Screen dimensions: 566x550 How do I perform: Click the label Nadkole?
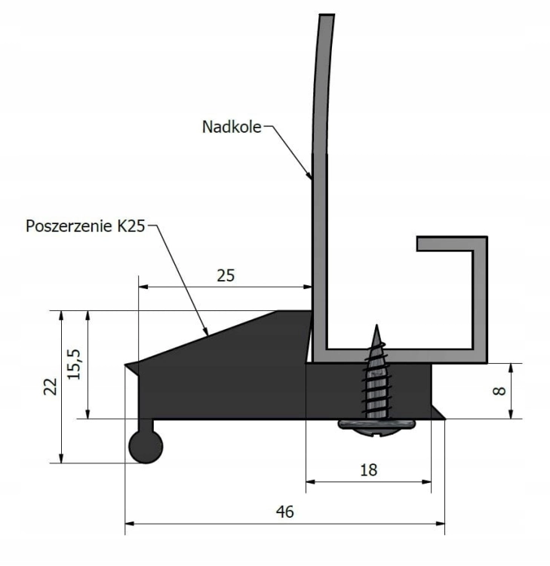pos(231,127)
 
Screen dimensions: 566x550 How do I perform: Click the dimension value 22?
pos(48,386)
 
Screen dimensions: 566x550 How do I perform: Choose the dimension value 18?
pos(369,469)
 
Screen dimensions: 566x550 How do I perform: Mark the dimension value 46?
pos(284,511)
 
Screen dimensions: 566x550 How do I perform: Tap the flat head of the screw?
pos(374,426)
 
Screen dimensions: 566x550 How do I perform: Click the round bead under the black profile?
pos(145,447)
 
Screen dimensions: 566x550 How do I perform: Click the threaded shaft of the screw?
pos(375,381)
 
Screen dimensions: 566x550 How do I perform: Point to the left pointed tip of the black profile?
pos(128,367)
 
